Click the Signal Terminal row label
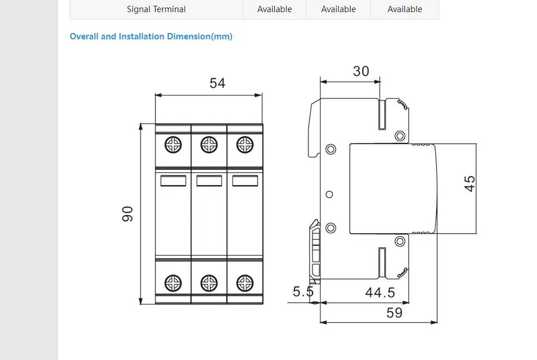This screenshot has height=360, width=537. (x=156, y=9)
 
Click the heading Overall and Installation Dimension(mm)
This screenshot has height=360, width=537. (x=151, y=36)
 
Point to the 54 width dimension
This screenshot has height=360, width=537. (x=217, y=83)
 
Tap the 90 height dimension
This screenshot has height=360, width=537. (x=128, y=214)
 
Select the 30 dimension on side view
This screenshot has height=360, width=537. (x=361, y=71)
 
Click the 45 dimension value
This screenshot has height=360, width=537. (x=470, y=183)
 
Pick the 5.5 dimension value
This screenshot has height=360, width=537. (x=303, y=292)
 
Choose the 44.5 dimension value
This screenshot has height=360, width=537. (x=380, y=293)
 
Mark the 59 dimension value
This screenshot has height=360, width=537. (x=394, y=313)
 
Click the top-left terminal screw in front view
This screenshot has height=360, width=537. (x=173, y=145)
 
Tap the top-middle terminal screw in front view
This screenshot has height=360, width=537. (x=209, y=145)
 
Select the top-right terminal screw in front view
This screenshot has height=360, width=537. (x=245, y=145)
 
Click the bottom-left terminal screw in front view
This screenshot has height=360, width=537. (x=173, y=283)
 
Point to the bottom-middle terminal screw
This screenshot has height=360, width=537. (x=209, y=283)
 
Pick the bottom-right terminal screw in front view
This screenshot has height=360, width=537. (x=245, y=283)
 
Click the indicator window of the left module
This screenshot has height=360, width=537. (x=173, y=181)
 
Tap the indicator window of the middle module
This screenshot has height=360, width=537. (x=209, y=181)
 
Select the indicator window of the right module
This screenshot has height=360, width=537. (x=245, y=181)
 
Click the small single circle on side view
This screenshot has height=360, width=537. (x=329, y=194)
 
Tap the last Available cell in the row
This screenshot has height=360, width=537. (x=404, y=9)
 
